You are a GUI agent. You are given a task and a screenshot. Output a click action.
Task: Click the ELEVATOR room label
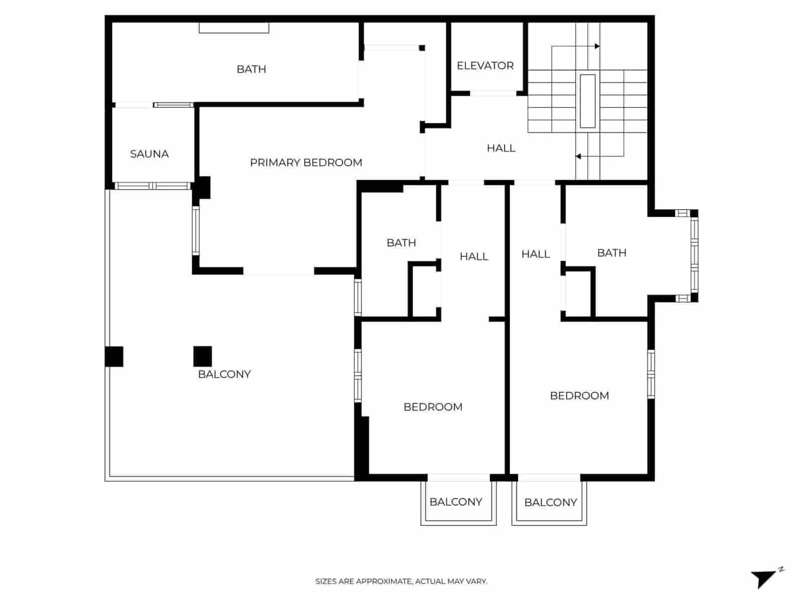click(x=485, y=66)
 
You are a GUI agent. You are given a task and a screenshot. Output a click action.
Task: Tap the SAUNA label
click(x=149, y=154)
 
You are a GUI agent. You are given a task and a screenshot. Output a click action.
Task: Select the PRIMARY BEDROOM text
click(x=306, y=163)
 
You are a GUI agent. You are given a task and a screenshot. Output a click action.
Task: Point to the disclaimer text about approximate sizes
click(x=401, y=581)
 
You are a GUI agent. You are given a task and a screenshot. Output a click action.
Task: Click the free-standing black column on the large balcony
click(x=203, y=356)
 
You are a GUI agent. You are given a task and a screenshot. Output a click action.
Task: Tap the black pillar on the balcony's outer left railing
click(x=114, y=357)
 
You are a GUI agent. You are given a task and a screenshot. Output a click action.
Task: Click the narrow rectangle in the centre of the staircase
click(x=587, y=101)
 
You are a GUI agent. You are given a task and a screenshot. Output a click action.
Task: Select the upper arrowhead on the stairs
click(x=597, y=46)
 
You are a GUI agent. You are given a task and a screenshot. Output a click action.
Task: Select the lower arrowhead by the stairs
click(x=578, y=157)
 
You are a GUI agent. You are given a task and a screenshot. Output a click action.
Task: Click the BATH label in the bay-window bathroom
click(x=611, y=253)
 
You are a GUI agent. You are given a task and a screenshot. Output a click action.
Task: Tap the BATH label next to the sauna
click(x=251, y=69)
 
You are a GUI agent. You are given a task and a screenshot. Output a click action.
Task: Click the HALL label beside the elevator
click(x=501, y=148)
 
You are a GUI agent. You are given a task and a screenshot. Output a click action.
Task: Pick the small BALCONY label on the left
click(x=456, y=502)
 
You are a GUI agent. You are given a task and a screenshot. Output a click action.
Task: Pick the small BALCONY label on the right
click(x=550, y=502)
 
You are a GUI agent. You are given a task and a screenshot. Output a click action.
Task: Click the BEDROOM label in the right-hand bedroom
click(x=579, y=396)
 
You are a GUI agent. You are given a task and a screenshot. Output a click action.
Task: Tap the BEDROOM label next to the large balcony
click(x=433, y=407)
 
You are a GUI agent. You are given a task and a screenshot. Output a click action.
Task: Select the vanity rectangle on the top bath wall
click(x=234, y=28)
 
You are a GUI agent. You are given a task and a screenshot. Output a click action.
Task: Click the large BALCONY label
click(x=224, y=374)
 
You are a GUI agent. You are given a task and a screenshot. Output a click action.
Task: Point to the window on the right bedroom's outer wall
click(x=651, y=374)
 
